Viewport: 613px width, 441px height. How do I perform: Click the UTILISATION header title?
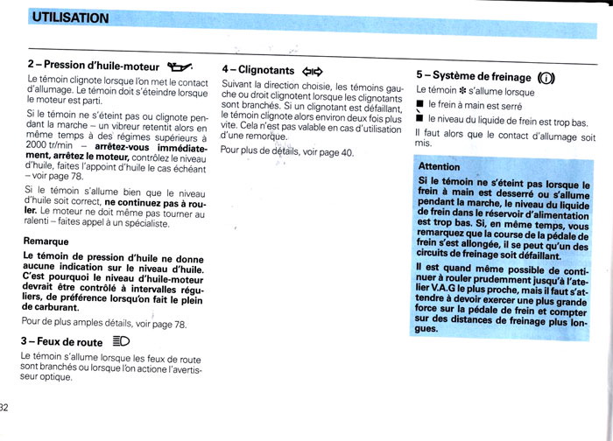[69, 17]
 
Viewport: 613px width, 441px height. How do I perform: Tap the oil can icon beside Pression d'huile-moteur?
[179, 65]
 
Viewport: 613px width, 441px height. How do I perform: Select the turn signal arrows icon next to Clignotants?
[313, 71]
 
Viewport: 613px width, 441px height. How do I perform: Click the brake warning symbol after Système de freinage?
[546, 76]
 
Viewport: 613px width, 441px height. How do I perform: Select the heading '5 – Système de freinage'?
[474, 76]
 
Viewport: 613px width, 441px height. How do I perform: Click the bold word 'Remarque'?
[46, 241]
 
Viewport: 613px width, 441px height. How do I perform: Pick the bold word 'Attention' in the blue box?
[439, 166]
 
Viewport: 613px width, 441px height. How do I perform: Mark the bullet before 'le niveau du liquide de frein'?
[419, 121]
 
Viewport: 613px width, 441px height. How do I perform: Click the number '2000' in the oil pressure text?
[39, 145]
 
